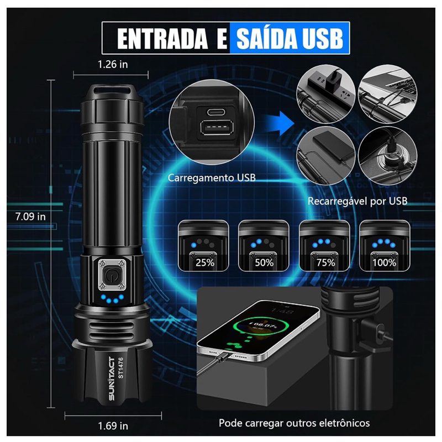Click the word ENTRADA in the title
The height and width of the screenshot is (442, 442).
pyautogui.click(x=162, y=39)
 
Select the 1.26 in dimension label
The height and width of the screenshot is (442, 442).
pyautogui.click(x=113, y=65)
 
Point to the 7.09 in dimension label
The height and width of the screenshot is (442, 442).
pyautogui.click(x=30, y=217)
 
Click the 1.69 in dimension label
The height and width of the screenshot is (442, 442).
pyautogui.click(x=113, y=425)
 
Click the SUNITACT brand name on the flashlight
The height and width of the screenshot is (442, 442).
pyautogui.click(x=112, y=378)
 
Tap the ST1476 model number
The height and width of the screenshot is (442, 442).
pyautogui.click(x=120, y=367)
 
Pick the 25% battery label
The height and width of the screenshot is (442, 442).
pyautogui.click(x=205, y=263)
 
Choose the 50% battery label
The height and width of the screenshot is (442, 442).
pyautogui.click(x=264, y=263)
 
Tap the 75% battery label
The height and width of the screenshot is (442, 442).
pyautogui.click(x=325, y=263)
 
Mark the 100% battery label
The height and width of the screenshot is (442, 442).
pyautogui.click(x=385, y=263)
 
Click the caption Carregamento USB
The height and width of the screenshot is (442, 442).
pyautogui.click(x=212, y=178)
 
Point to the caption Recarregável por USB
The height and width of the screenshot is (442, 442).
pyautogui.click(x=357, y=201)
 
